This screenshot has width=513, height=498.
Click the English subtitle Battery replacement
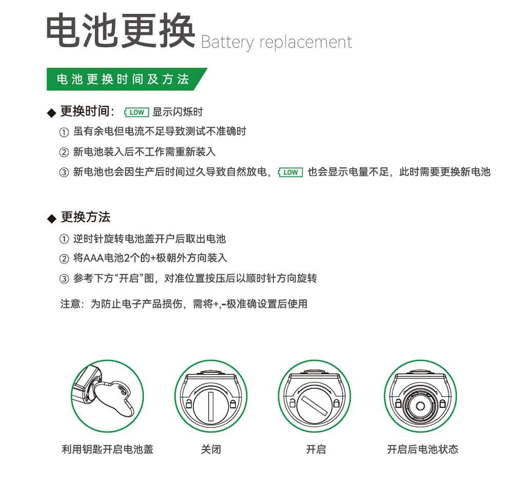(276, 42)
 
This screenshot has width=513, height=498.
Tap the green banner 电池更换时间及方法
(123, 79)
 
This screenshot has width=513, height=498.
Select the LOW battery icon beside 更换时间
(136, 112)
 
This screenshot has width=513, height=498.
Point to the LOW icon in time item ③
(290, 172)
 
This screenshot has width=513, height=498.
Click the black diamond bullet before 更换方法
(51, 218)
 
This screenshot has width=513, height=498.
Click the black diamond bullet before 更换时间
(51, 112)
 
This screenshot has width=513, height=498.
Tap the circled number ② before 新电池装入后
(64, 152)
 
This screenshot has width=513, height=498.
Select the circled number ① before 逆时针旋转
(64, 239)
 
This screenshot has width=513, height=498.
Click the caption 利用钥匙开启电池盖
(107, 450)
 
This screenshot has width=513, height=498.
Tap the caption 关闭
(211, 450)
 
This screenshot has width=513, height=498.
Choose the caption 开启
(315, 450)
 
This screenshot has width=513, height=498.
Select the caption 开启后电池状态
(422, 450)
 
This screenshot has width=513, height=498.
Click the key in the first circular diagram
(118, 395)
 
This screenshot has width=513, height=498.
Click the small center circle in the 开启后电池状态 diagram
(420, 405)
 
